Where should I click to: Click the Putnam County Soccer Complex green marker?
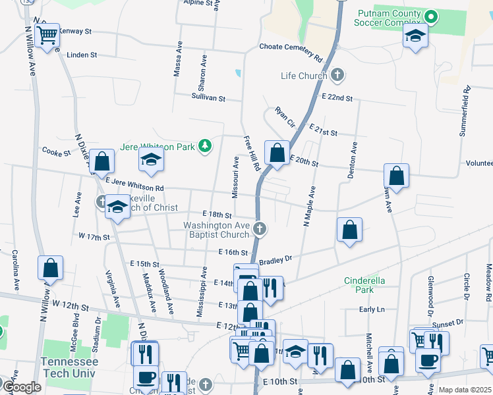click(432, 16)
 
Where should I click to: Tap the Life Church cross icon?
click(337, 75)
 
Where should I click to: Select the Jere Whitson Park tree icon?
click(205, 145)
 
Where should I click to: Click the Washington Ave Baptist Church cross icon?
click(260, 229)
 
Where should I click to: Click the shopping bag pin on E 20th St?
click(277, 151)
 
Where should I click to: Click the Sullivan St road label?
click(208, 98)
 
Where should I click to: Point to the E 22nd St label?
click(337, 97)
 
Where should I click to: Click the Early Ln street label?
click(372, 309)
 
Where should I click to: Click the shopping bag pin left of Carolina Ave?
click(51, 267)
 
